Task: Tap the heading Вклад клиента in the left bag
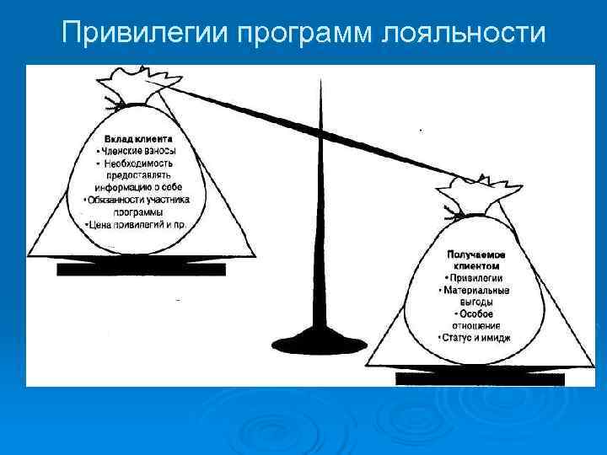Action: click(x=139, y=138)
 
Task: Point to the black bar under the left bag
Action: click(x=141, y=270)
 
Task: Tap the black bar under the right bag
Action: click(x=479, y=379)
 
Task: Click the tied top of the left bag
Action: click(x=139, y=85)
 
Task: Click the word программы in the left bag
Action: click(x=139, y=212)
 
